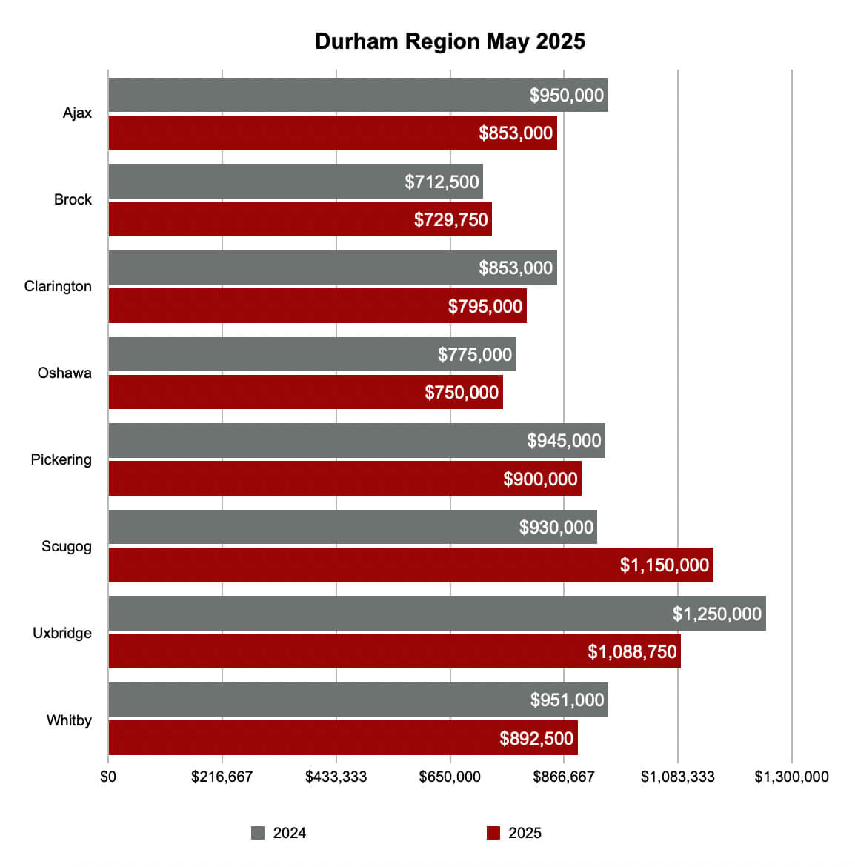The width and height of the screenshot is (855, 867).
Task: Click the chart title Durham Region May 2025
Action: click(450, 41)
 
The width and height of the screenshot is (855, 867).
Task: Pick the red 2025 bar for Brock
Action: click(259, 220)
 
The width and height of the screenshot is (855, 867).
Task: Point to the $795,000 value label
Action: click(485, 307)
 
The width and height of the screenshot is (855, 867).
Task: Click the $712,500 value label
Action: click(442, 182)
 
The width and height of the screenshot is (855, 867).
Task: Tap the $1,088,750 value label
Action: click(632, 652)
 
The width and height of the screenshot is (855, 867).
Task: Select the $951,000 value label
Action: click(567, 700)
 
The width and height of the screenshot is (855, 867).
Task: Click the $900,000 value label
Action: click(540, 479)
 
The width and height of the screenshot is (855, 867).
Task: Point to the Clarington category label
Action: click(58, 287)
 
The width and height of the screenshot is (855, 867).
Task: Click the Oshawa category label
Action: click(64, 373)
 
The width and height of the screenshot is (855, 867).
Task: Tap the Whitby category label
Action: click(69, 720)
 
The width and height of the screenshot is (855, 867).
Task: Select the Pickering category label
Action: click(61, 460)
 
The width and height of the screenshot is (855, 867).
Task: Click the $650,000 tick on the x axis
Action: click(450, 777)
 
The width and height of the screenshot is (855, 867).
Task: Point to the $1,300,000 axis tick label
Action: click(791, 777)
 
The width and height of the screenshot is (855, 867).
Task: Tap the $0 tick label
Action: click(108, 777)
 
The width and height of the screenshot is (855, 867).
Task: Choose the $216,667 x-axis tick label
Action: click(222, 777)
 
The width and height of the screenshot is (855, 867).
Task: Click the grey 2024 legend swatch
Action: click(258, 833)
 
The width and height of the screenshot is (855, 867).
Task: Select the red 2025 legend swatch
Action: click(493, 833)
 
